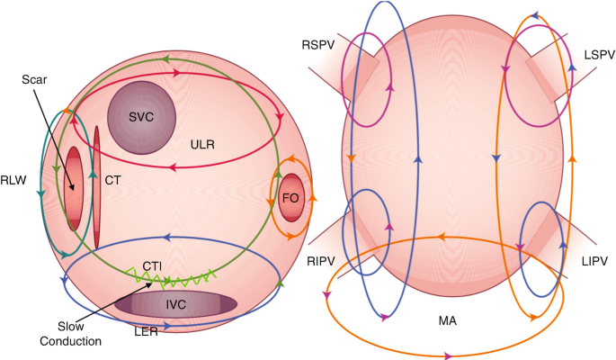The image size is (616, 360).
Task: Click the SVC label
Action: (x=142, y=117)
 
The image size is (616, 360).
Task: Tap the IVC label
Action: (x=176, y=305)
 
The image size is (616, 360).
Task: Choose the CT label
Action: (x=112, y=181)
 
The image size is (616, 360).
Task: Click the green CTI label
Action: (x=154, y=265)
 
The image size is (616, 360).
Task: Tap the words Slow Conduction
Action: (x=76, y=333)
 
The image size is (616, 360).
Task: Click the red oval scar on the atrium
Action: (x=74, y=189)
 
